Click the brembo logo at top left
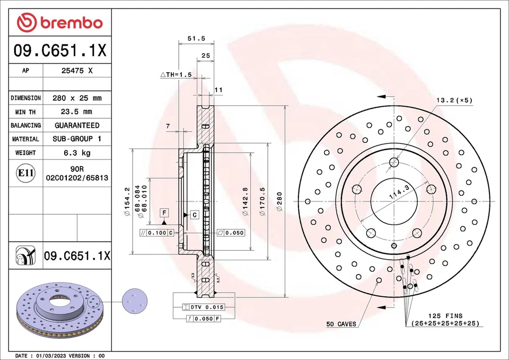coord(59,22)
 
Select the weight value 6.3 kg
coord(77,153)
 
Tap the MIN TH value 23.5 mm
coord(77,111)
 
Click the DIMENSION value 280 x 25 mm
coord(77,98)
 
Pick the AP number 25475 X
coord(77,71)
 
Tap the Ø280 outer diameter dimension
coord(279,202)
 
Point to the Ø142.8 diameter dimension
coord(245,202)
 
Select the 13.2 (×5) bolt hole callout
coord(454,100)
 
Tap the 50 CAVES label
coord(341,323)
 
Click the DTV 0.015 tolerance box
coord(204,307)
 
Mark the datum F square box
coord(165,213)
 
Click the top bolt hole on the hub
coord(393,162)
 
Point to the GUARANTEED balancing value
coord(77,125)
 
